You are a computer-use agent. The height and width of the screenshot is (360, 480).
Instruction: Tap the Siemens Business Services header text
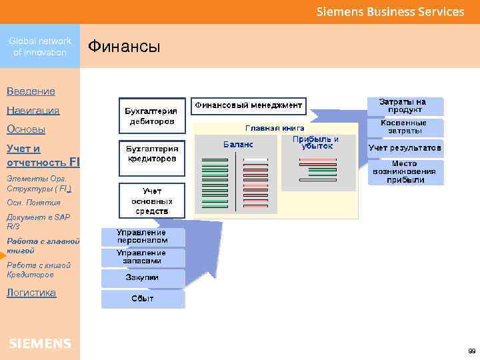tap(390, 12)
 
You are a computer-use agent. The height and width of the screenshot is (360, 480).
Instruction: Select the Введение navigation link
tap(31, 91)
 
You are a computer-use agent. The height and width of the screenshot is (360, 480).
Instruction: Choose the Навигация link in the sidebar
tap(33, 110)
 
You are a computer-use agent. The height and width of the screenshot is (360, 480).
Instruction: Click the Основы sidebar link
tap(25, 129)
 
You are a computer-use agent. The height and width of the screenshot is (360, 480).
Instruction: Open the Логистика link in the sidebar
tap(31, 292)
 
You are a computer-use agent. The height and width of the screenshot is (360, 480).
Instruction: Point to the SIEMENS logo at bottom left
tap(40, 343)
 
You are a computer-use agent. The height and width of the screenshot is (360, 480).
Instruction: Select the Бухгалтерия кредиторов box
tap(151, 154)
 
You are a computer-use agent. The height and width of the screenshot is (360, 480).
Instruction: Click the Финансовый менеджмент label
tap(249, 105)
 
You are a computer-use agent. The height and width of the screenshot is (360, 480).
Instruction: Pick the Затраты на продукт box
tap(405, 106)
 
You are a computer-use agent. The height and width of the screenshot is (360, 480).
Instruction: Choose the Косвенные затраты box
tap(405, 127)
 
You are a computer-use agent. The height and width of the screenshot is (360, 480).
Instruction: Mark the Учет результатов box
tap(405, 147)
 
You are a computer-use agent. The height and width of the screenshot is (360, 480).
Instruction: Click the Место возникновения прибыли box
tap(405, 171)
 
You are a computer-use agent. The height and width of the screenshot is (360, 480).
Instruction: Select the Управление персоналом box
tap(142, 237)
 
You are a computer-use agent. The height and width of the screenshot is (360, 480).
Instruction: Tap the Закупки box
tap(142, 277)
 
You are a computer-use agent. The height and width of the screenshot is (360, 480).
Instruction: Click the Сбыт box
tap(142, 299)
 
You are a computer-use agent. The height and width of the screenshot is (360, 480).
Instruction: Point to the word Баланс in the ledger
tap(237, 144)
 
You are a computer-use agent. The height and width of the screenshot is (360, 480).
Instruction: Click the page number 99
tap(471, 350)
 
